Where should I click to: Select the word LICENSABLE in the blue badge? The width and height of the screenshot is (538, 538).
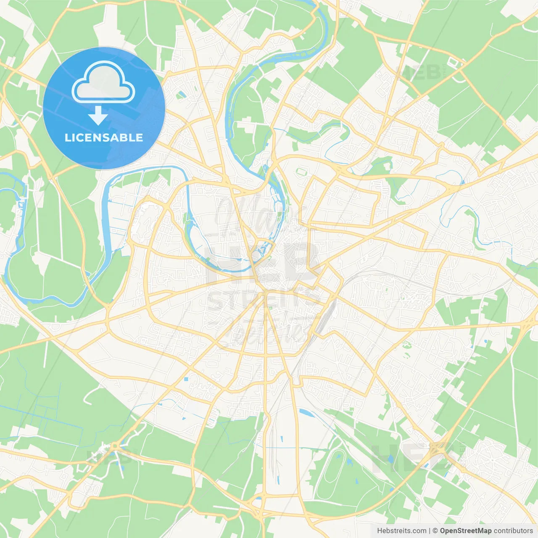tap(104, 137)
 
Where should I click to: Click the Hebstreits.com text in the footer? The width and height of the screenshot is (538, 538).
tap(402, 530)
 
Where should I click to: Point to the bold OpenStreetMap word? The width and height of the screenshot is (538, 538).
tap(466, 530)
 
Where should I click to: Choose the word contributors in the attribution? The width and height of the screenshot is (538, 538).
tap(513, 530)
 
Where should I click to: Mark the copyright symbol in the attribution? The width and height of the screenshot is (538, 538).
tap(435, 530)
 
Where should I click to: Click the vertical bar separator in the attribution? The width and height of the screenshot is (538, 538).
tap(430, 530)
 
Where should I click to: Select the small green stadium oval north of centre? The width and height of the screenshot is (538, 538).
tap(300, 171)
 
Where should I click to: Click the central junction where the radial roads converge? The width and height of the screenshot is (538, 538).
tap(266, 293)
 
